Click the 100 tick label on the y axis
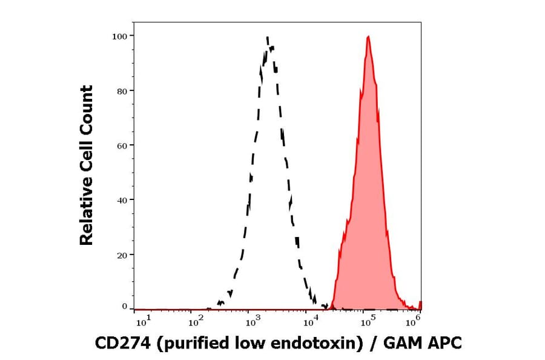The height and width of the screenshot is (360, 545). [x=120, y=36]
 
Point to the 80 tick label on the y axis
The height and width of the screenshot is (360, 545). [x=122, y=91]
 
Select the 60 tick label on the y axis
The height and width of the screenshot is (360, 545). [x=122, y=145]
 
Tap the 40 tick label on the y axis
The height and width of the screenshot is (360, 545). [x=122, y=200]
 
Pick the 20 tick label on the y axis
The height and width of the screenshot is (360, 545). [x=122, y=255]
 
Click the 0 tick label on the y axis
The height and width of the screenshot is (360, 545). [x=124, y=307]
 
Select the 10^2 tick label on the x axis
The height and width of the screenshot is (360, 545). [x=195, y=321]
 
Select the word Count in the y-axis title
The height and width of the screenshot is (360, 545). [x=87, y=105]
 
